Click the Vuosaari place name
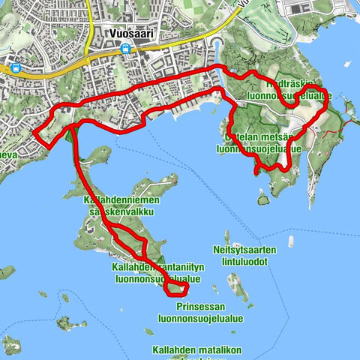click(x=126, y=35)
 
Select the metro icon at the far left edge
click(x=15, y=66)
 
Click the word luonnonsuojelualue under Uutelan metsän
click(x=259, y=148)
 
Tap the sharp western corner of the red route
click(x=34, y=133)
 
